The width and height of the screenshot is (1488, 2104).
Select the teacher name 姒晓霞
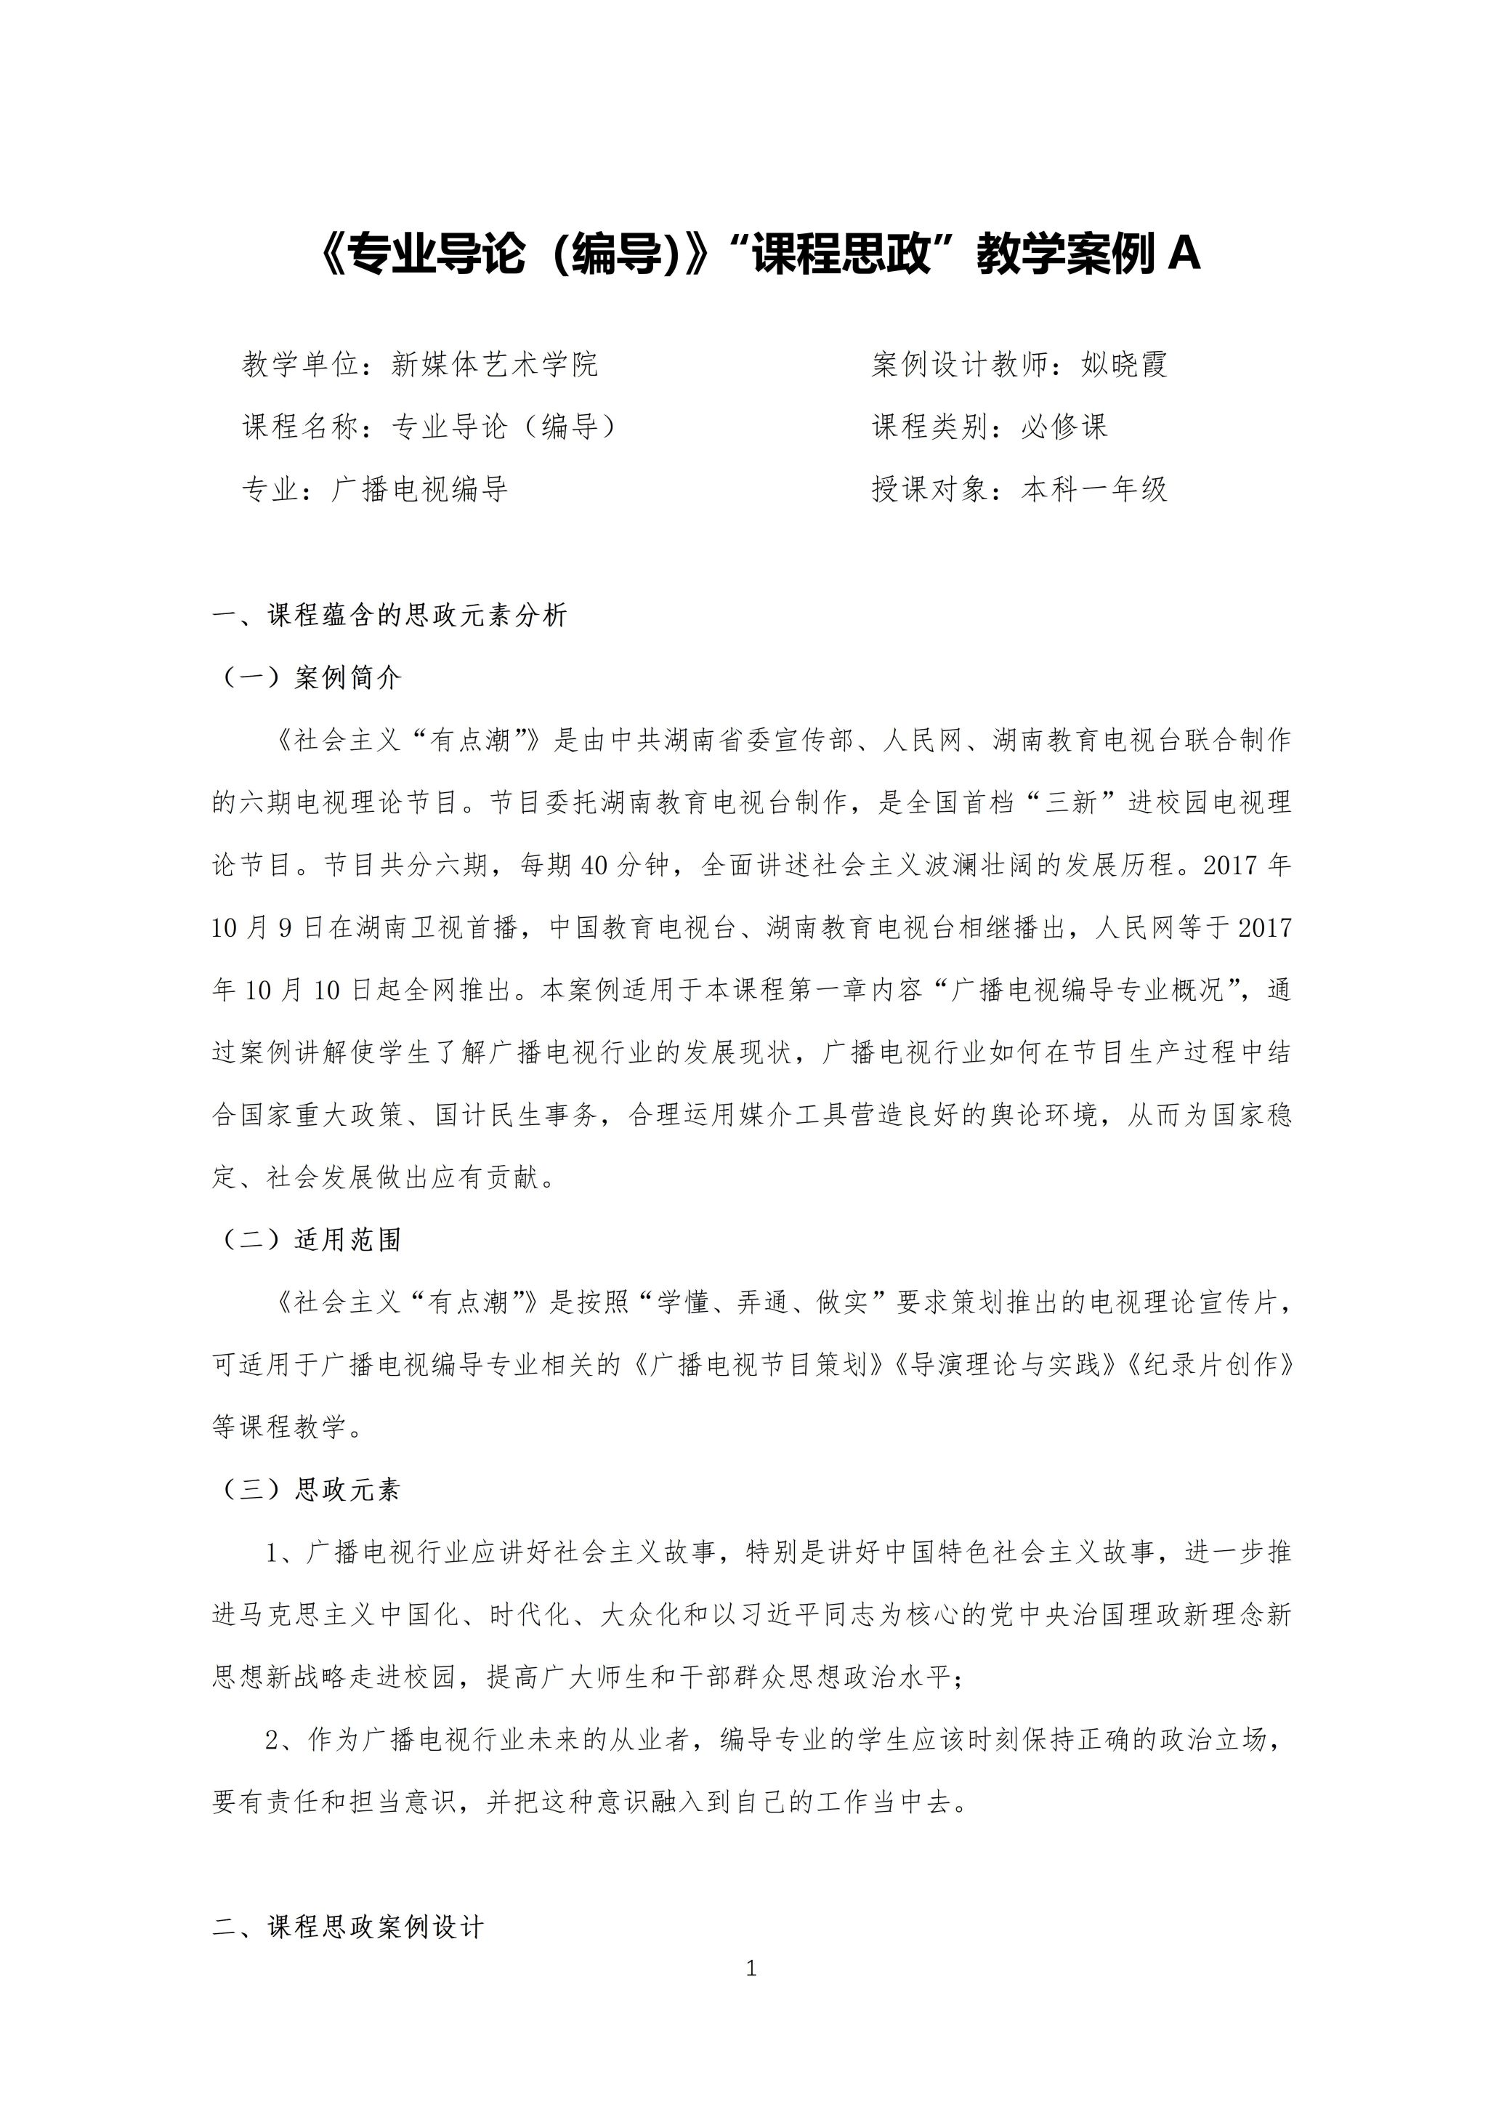[x=1124, y=365]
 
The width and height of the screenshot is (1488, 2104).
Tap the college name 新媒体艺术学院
[x=495, y=365]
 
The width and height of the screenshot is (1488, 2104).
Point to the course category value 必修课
[x=1064, y=426]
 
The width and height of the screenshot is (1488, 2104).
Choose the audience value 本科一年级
[x=1095, y=489]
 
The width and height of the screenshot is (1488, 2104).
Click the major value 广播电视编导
[x=421, y=489]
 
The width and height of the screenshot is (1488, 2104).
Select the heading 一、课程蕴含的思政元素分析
[x=389, y=615]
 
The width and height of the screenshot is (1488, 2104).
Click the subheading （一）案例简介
[x=310, y=678]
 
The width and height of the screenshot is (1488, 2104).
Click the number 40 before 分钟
[x=594, y=865]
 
